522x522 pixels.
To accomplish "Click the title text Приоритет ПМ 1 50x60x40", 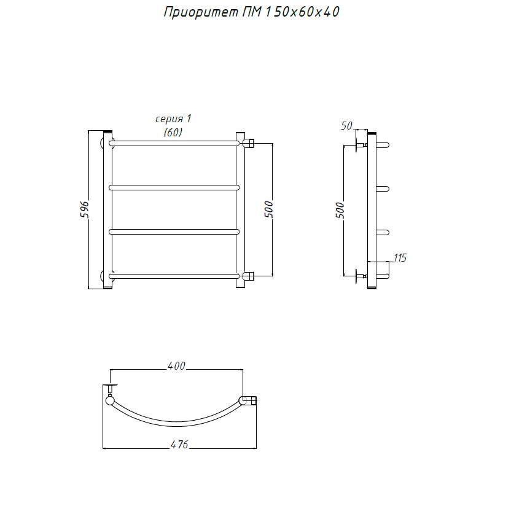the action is pos(251,12).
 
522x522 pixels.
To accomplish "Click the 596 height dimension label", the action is pos(85,209).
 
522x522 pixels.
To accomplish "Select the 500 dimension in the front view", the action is pos(268,209).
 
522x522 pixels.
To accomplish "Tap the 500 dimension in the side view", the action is pos(340,210).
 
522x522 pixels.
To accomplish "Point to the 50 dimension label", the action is pos(346,125).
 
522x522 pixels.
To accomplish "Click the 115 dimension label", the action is pos(400,258).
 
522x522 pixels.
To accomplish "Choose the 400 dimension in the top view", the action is pos(176,366).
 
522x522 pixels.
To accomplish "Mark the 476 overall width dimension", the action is pos(179,445).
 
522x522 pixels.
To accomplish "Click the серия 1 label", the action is pos(173,119).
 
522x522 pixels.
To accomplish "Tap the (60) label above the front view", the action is pos(173,132).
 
